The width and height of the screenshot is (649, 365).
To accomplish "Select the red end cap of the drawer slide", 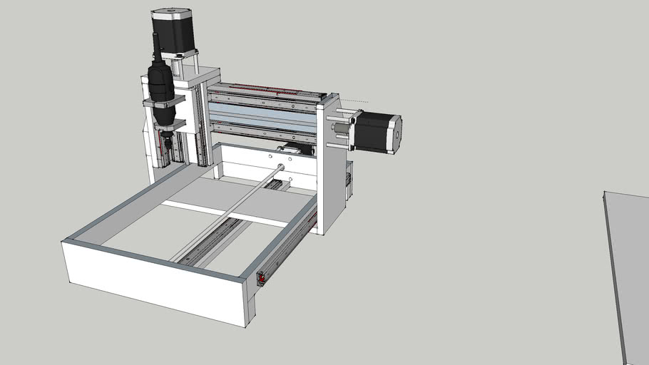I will click(262, 277).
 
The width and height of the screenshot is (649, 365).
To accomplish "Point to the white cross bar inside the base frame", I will click(228, 213).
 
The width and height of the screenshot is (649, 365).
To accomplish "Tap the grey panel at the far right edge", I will click(628, 271).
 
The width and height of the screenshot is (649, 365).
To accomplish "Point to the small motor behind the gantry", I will click(295, 149).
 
